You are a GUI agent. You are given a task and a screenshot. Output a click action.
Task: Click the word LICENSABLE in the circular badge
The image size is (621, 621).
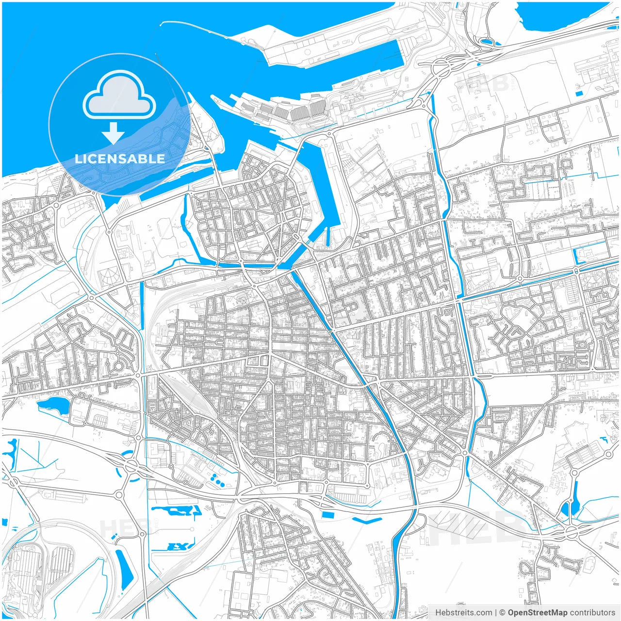(x=120, y=159)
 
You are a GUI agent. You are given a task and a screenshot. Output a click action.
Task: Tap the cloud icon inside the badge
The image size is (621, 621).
(x=119, y=95)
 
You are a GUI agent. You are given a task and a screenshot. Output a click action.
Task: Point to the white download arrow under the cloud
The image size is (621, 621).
(x=113, y=132)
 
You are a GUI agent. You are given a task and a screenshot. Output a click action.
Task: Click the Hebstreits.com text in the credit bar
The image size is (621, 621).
(x=463, y=613)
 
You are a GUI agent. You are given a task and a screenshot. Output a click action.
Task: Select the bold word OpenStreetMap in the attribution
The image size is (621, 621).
(x=538, y=613)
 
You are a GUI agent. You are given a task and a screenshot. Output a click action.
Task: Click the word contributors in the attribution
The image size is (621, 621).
(x=592, y=613)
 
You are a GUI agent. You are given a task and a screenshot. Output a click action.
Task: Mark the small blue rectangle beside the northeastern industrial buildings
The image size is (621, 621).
(x=578, y=93)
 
